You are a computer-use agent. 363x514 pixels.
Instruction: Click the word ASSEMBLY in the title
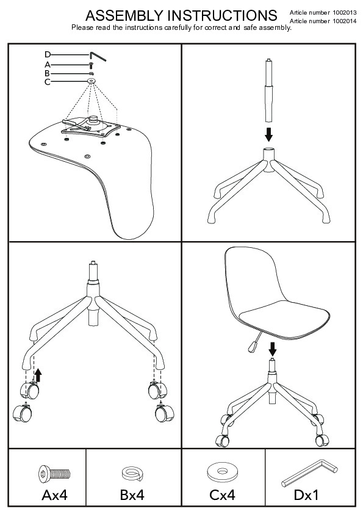(124, 15)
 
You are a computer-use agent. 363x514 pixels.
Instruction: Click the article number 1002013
(345, 13)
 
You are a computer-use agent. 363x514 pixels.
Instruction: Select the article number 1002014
(345, 21)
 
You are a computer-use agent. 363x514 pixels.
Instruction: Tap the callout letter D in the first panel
(48, 55)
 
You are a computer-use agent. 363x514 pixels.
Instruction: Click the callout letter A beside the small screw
(48, 65)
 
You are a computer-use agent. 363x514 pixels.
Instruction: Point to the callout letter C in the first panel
(48, 82)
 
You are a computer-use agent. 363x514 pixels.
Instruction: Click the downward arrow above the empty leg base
(268, 134)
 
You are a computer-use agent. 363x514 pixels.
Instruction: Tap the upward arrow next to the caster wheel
(38, 375)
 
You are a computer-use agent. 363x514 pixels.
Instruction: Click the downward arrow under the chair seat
(272, 349)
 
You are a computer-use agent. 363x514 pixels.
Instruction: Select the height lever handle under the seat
(253, 347)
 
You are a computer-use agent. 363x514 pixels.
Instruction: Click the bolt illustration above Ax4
(54, 474)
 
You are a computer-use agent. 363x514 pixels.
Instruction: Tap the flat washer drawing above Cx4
(223, 472)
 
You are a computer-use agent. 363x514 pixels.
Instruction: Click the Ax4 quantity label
(54, 495)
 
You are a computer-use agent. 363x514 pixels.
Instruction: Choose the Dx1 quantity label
(306, 495)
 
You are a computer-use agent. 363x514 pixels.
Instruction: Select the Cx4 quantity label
(222, 495)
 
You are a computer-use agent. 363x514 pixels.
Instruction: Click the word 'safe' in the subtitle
(250, 27)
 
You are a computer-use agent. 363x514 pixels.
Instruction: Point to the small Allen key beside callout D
(98, 56)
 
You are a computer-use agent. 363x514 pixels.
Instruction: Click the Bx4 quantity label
(132, 495)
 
